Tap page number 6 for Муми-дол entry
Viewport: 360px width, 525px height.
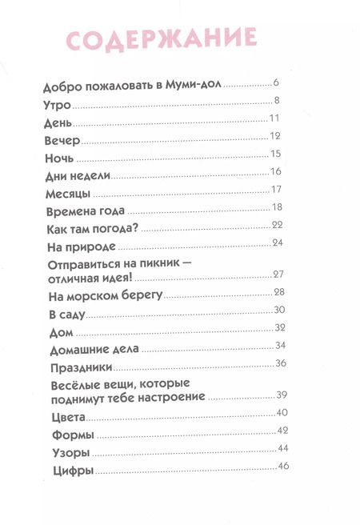pyautogui.click(x=274, y=82)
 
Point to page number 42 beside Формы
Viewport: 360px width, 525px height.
pyautogui.click(x=282, y=431)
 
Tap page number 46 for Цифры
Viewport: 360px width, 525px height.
pyautogui.click(x=282, y=466)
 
